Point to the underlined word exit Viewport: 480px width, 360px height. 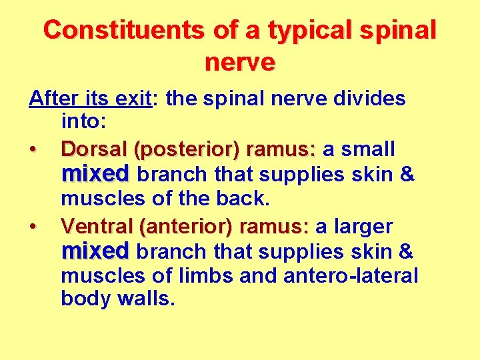(x=133, y=99)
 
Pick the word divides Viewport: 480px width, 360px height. (x=371, y=99)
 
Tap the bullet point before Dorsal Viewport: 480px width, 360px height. (x=33, y=149)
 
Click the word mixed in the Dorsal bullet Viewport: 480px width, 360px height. (x=95, y=174)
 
